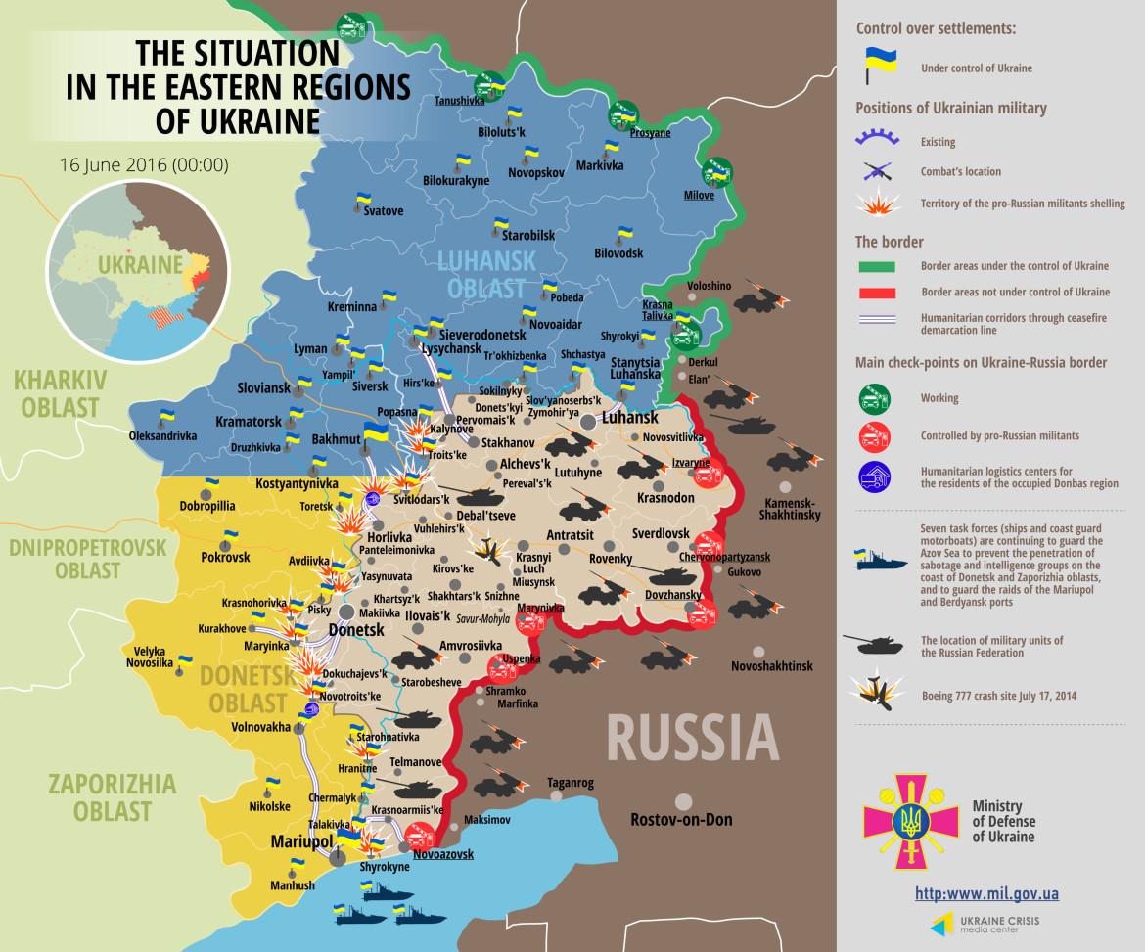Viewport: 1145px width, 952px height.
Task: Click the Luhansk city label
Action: click(629, 418)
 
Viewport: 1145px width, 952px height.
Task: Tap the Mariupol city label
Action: click(302, 841)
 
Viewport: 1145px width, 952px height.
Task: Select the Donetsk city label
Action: click(356, 630)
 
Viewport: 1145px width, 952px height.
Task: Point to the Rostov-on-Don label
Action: click(681, 820)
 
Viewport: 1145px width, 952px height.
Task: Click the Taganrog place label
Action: click(570, 783)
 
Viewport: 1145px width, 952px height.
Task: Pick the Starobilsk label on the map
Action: click(527, 236)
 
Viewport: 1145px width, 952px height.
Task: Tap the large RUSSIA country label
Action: click(692, 737)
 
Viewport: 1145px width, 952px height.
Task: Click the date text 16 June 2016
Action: click(143, 164)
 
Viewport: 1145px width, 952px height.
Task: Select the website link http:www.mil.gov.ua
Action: click(986, 893)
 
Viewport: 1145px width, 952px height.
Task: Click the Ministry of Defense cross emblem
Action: click(911, 821)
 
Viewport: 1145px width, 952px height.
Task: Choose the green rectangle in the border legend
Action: click(882, 266)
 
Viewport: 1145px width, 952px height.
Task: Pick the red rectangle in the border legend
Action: click(882, 292)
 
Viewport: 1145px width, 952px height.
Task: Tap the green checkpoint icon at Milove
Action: click(717, 172)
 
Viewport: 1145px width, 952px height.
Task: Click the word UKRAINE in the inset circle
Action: click(140, 265)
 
